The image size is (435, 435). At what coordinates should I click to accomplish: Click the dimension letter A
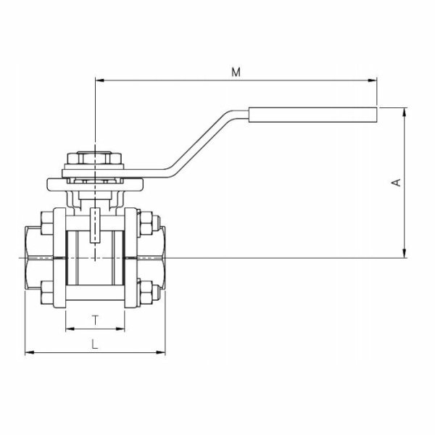click(x=396, y=182)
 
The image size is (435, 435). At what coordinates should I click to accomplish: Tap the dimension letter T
click(x=96, y=319)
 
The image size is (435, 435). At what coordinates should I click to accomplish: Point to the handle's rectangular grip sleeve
click(x=314, y=114)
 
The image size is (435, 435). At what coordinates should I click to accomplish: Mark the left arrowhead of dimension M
click(x=99, y=80)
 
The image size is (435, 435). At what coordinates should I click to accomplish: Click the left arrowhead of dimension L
click(x=29, y=353)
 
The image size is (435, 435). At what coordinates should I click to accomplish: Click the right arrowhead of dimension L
click(x=162, y=353)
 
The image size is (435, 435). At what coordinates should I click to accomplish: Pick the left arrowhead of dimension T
click(x=69, y=329)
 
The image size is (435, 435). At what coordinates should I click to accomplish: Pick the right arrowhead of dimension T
click(x=122, y=329)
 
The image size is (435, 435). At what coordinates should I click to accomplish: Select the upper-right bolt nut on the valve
click(x=144, y=223)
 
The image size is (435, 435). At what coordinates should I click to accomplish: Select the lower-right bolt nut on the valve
click(x=144, y=293)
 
